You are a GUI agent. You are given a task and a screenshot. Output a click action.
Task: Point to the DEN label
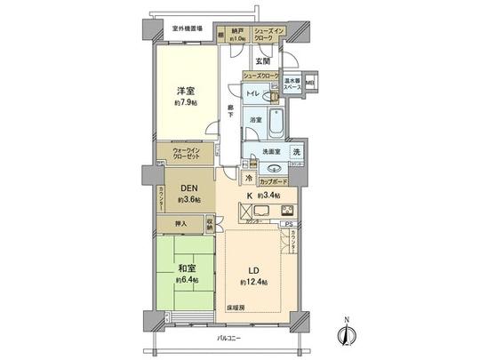[x=187, y=188]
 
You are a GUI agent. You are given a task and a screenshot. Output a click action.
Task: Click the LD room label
[x=252, y=269]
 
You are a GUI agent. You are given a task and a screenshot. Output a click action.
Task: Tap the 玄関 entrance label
[x=264, y=61]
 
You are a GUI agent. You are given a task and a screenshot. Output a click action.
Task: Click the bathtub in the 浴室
[x=277, y=124]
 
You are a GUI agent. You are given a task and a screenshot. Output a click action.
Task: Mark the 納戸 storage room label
[x=237, y=32]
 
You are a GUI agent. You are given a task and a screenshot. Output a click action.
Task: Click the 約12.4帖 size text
[x=252, y=282]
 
